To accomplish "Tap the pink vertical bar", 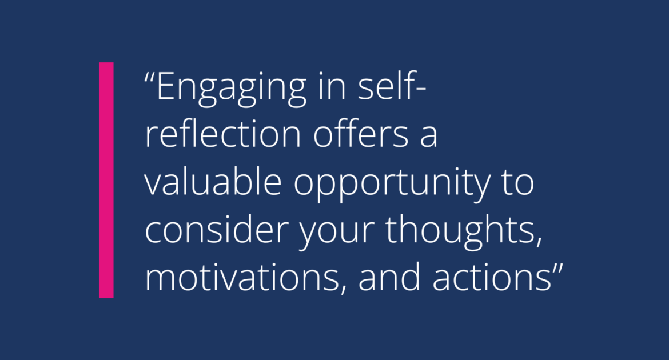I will click(x=106, y=180).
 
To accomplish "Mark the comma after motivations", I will click(x=344, y=290).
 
